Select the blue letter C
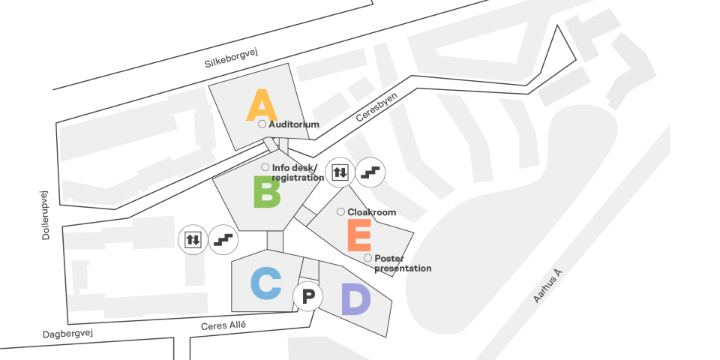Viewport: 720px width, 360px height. (x=265, y=283)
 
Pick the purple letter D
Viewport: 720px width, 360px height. (x=355, y=299)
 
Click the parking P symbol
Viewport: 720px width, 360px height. (x=307, y=297)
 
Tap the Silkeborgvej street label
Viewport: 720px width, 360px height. (x=231, y=58)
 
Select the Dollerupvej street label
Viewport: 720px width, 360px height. (x=46, y=214)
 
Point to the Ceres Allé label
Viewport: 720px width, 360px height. (x=223, y=325)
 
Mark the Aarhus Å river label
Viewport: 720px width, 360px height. (x=547, y=286)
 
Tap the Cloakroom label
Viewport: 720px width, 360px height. (x=371, y=212)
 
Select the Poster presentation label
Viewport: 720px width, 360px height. (x=403, y=263)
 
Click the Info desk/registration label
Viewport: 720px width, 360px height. (x=297, y=172)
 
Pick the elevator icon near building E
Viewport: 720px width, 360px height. (x=340, y=172)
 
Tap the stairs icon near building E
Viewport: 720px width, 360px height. (x=370, y=172)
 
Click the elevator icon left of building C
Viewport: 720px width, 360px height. (x=193, y=239)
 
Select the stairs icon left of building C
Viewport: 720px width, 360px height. (x=223, y=239)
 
